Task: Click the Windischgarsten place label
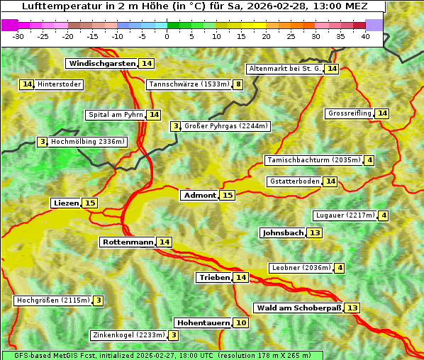point(101,64)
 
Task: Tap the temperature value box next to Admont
point(228,196)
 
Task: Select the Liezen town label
point(66,203)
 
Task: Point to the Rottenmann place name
point(128,242)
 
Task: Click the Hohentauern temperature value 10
point(242,323)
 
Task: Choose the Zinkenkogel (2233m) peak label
point(128,335)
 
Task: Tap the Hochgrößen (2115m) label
point(53,300)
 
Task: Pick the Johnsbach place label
point(283,233)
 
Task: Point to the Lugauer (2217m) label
point(345,215)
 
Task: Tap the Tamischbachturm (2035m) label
point(313,160)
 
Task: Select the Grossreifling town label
point(350,113)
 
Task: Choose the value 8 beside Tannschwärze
point(239,85)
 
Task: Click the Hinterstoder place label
point(60,84)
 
